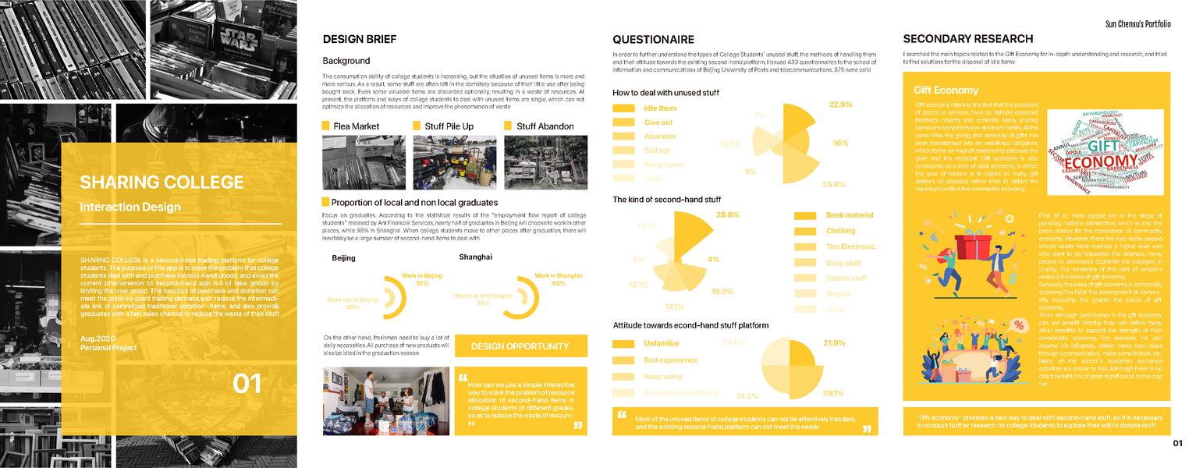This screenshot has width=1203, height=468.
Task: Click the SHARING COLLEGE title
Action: coord(161,183)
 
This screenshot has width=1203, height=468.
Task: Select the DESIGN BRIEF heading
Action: coord(359,39)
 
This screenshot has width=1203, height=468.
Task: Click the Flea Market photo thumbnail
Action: coord(364,162)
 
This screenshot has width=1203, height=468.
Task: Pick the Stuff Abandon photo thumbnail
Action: coord(545,162)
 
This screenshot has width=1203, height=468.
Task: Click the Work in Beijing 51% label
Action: coord(422,279)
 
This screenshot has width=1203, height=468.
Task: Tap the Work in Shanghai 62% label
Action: coord(558,279)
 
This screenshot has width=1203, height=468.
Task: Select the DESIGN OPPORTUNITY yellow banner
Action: coord(520,346)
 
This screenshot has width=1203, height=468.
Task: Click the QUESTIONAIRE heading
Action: coord(653,39)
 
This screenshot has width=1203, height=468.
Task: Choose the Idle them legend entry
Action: coord(660,108)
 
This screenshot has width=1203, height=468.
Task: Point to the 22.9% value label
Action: coord(839,105)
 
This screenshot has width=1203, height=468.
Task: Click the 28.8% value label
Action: coord(727,214)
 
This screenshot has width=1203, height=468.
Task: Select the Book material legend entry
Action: coord(850,214)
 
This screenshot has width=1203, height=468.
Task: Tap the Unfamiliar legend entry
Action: coord(662,343)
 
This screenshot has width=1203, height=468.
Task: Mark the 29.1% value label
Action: coord(833,393)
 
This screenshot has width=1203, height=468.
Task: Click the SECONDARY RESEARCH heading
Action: coord(967,39)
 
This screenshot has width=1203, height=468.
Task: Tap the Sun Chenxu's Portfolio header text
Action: coord(1137,24)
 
